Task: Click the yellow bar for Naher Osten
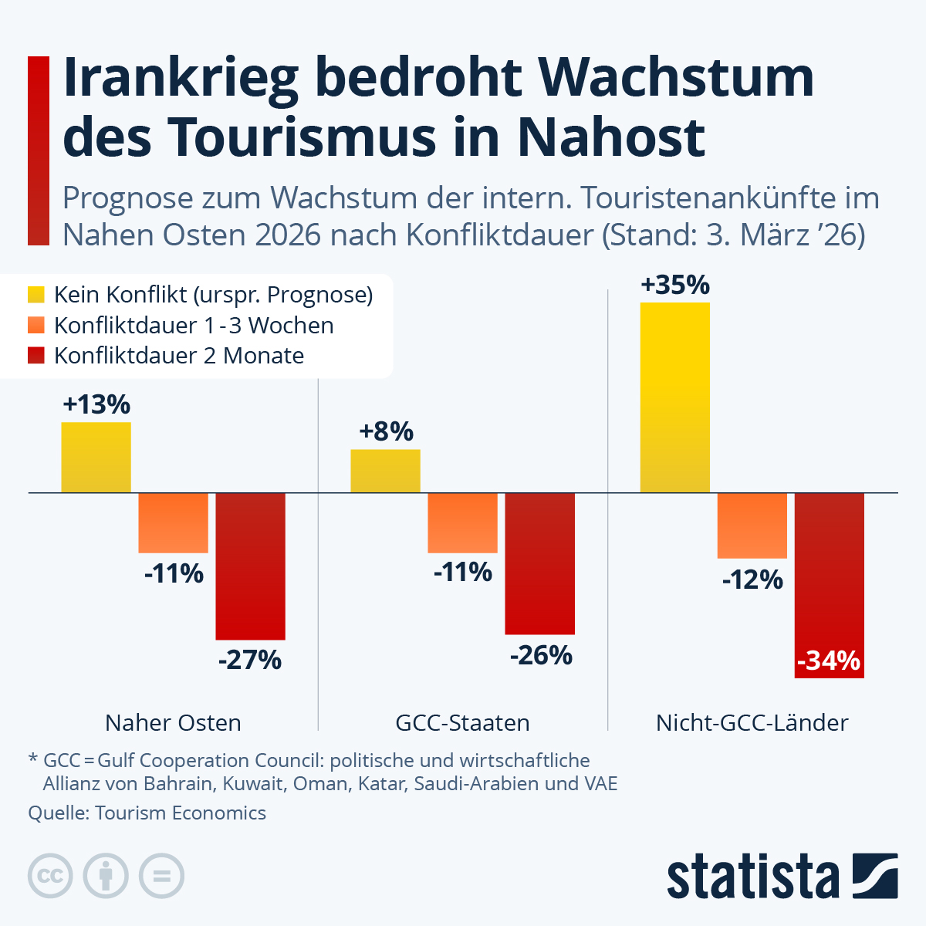click(96, 457)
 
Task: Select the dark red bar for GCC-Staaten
click(540, 563)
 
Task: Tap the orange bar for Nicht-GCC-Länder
click(752, 525)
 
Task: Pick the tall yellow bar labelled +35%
click(675, 397)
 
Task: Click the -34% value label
click(828, 661)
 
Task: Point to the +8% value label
click(386, 431)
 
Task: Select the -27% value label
click(250, 661)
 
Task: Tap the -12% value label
click(752, 580)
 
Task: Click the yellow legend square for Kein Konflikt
click(36, 295)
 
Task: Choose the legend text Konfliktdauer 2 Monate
click(179, 356)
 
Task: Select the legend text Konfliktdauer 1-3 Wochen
click(194, 326)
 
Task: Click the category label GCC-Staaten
click(462, 723)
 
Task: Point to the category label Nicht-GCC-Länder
click(752, 723)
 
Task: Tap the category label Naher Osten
click(173, 723)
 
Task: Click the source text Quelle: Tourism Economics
click(147, 813)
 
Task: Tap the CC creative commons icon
click(50, 876)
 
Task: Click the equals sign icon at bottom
click(161, 876)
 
